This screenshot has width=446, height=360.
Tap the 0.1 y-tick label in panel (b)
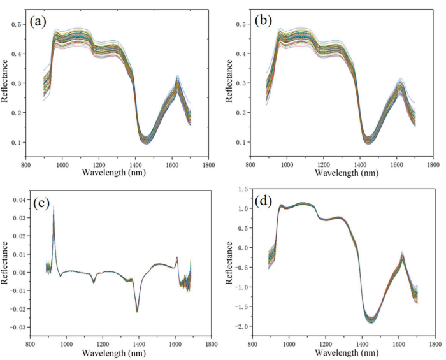point(240,142)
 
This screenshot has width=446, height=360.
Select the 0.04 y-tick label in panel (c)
point(19,200)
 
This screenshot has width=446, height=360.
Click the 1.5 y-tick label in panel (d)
point(240,189)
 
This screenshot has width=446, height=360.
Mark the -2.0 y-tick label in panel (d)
point(238,326)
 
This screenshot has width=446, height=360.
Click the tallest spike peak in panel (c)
point(54,207)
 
